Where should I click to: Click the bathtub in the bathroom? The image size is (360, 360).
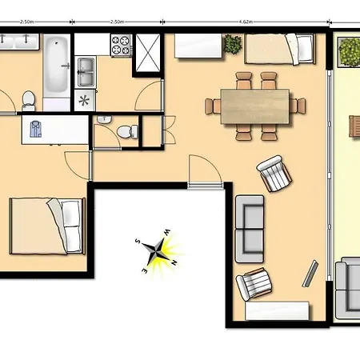[55, 64]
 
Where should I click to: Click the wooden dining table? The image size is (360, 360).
[255, 106]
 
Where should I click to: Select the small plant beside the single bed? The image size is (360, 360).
[233, 44]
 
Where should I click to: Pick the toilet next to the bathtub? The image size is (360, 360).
[29, 99]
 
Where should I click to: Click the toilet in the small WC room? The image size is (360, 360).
[123, 132]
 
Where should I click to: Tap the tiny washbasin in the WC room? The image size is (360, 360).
[102, 119]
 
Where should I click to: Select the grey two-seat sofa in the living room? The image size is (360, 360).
[250, 229]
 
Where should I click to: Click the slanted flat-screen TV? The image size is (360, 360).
[310, 274]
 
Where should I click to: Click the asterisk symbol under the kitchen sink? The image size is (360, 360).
[86, 101]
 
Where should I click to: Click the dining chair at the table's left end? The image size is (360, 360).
[213, 106]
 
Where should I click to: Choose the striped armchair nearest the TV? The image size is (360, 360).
[255, 284]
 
